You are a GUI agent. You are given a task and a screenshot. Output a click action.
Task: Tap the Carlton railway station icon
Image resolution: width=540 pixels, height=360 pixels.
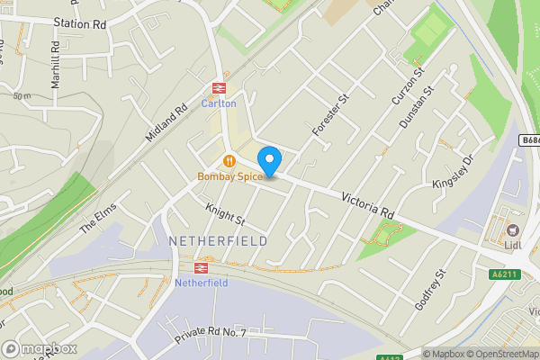coord(218,88)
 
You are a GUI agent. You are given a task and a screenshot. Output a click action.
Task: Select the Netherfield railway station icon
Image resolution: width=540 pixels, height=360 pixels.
coord(202,267)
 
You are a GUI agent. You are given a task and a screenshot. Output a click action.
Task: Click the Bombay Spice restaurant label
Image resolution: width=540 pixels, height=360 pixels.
coord(230,176)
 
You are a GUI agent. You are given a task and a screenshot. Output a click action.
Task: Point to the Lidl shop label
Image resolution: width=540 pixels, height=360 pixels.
coord(513,245)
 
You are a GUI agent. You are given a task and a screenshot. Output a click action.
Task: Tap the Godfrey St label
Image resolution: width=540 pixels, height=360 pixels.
coord(430,288)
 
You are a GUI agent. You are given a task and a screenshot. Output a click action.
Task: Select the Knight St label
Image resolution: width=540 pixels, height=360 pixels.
coord(225,213)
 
